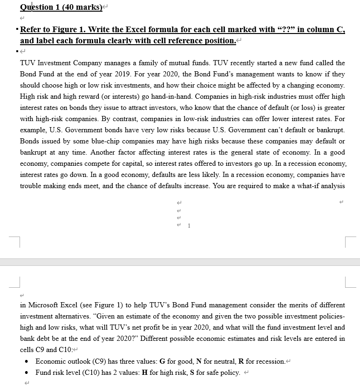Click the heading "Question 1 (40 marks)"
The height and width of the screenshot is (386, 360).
(61, 7)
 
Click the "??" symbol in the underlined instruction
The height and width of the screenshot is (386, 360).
(285, 29)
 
